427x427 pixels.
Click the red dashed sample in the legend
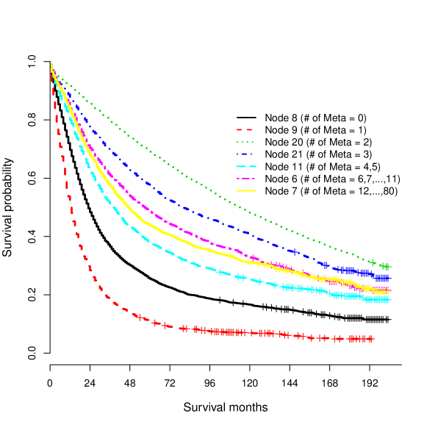tap(245, 129)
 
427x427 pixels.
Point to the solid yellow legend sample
tap(246, 191)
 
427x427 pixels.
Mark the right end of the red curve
tap(374, 339)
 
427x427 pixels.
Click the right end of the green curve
tap(389, 267)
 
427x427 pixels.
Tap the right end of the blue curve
tap(389, 279)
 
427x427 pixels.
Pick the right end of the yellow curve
tap(389, 293)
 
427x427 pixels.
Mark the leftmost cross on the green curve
tap(373, 262)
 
